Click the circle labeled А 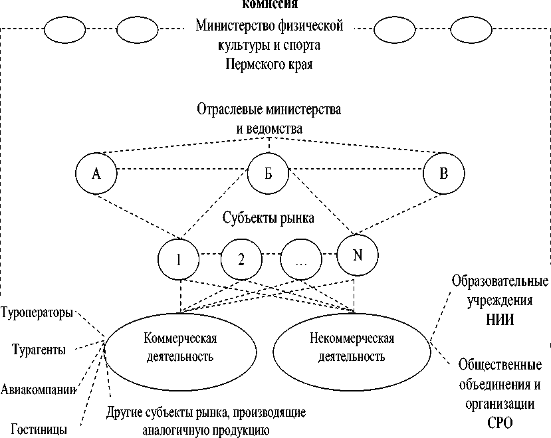click(x=96, y=174)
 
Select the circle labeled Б click(x=269, y=174)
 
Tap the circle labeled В click(x=444, y=174)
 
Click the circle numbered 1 click(x=179, y=258)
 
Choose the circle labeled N click(x=357, y=255)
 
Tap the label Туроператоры click(x=37, y=312)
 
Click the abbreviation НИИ click(x=499, y=320)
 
